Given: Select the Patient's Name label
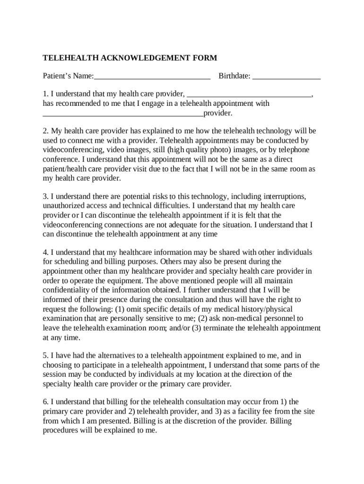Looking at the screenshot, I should pos(68,76).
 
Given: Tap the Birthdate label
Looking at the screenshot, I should pos(234,76).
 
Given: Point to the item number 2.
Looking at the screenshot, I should pos(45,130).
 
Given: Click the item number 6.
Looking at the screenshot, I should pos(45,402).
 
